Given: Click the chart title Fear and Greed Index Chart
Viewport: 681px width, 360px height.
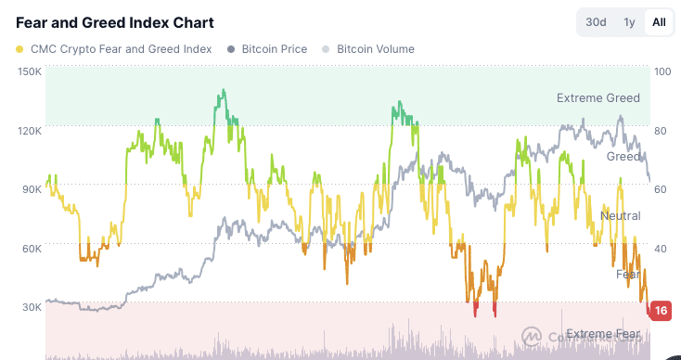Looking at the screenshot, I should [x=114, y=22].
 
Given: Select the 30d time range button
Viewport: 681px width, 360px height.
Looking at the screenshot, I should [x=595, y=22].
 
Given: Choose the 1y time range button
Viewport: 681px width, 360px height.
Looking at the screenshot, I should [x=629, y=22].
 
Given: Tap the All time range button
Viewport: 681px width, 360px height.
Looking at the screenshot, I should [x=659, y=22].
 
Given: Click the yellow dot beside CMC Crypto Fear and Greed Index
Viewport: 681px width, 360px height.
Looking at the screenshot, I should [x=20, y=49].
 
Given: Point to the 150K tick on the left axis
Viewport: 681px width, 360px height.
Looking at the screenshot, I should [x=29, y=71].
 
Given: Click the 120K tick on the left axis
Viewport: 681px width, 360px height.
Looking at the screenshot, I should [x=29, y=130].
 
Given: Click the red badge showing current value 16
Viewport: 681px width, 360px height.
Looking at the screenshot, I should [x=661, y=311].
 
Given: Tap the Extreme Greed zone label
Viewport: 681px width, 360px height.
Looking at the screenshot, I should [x=597, y=97].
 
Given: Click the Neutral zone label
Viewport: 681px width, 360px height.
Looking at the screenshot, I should [x=620, y=216].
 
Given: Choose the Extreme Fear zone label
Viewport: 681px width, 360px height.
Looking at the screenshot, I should [x=603, y=334].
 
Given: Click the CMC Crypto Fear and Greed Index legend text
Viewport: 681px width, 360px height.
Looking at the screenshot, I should [x=121, y=49].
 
